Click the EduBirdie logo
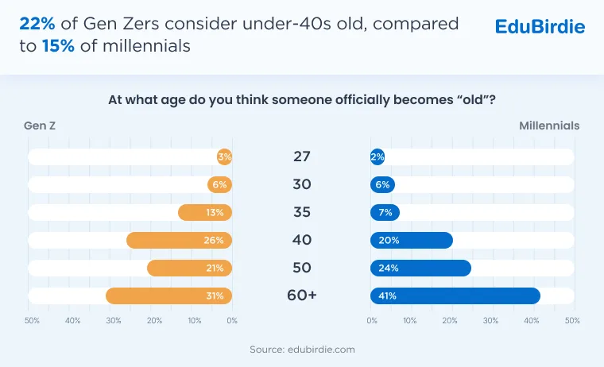(540, 26)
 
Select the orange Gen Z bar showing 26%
(179, 241)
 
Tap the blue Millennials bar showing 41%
(455, 296)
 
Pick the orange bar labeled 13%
(205, 213)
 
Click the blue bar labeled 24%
(420, 268)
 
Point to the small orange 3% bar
(225, 156)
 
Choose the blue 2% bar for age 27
(377, 156)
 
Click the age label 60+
(302, 296)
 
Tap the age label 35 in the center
(302, 212)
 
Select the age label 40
(302, 240)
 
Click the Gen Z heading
(40, 126)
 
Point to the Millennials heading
(549, 126)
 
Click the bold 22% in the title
(37, 24)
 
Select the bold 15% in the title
(58, 46)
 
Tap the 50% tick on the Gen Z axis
(32, 320)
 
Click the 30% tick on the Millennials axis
(490, 320)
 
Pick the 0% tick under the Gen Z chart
(232, 320)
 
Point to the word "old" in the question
(473, 100)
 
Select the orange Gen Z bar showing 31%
(169, 296)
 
